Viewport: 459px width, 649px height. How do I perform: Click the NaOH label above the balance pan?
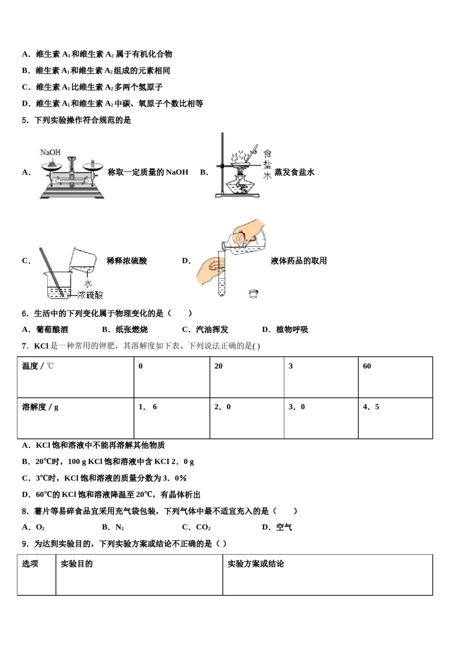[x=50, y=152]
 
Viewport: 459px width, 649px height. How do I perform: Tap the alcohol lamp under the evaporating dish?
[x=241, y=185]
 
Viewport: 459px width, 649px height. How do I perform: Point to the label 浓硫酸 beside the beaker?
[x=90, y=295]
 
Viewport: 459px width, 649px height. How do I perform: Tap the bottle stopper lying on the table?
[x=254, y=293]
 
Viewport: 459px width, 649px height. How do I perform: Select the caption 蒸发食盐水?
[x=294, y=172]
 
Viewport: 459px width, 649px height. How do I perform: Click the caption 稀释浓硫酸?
[x=127, y=261]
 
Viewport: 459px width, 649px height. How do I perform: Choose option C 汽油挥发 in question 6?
[x=205, y=330]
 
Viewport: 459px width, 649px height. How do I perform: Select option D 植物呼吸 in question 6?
[x=285, y=330]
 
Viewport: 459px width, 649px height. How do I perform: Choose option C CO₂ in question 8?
[x=197, y=527]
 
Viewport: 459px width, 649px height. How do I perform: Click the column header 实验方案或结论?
[x=256, y=564]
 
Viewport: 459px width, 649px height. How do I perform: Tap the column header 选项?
[x=30, y=564]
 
